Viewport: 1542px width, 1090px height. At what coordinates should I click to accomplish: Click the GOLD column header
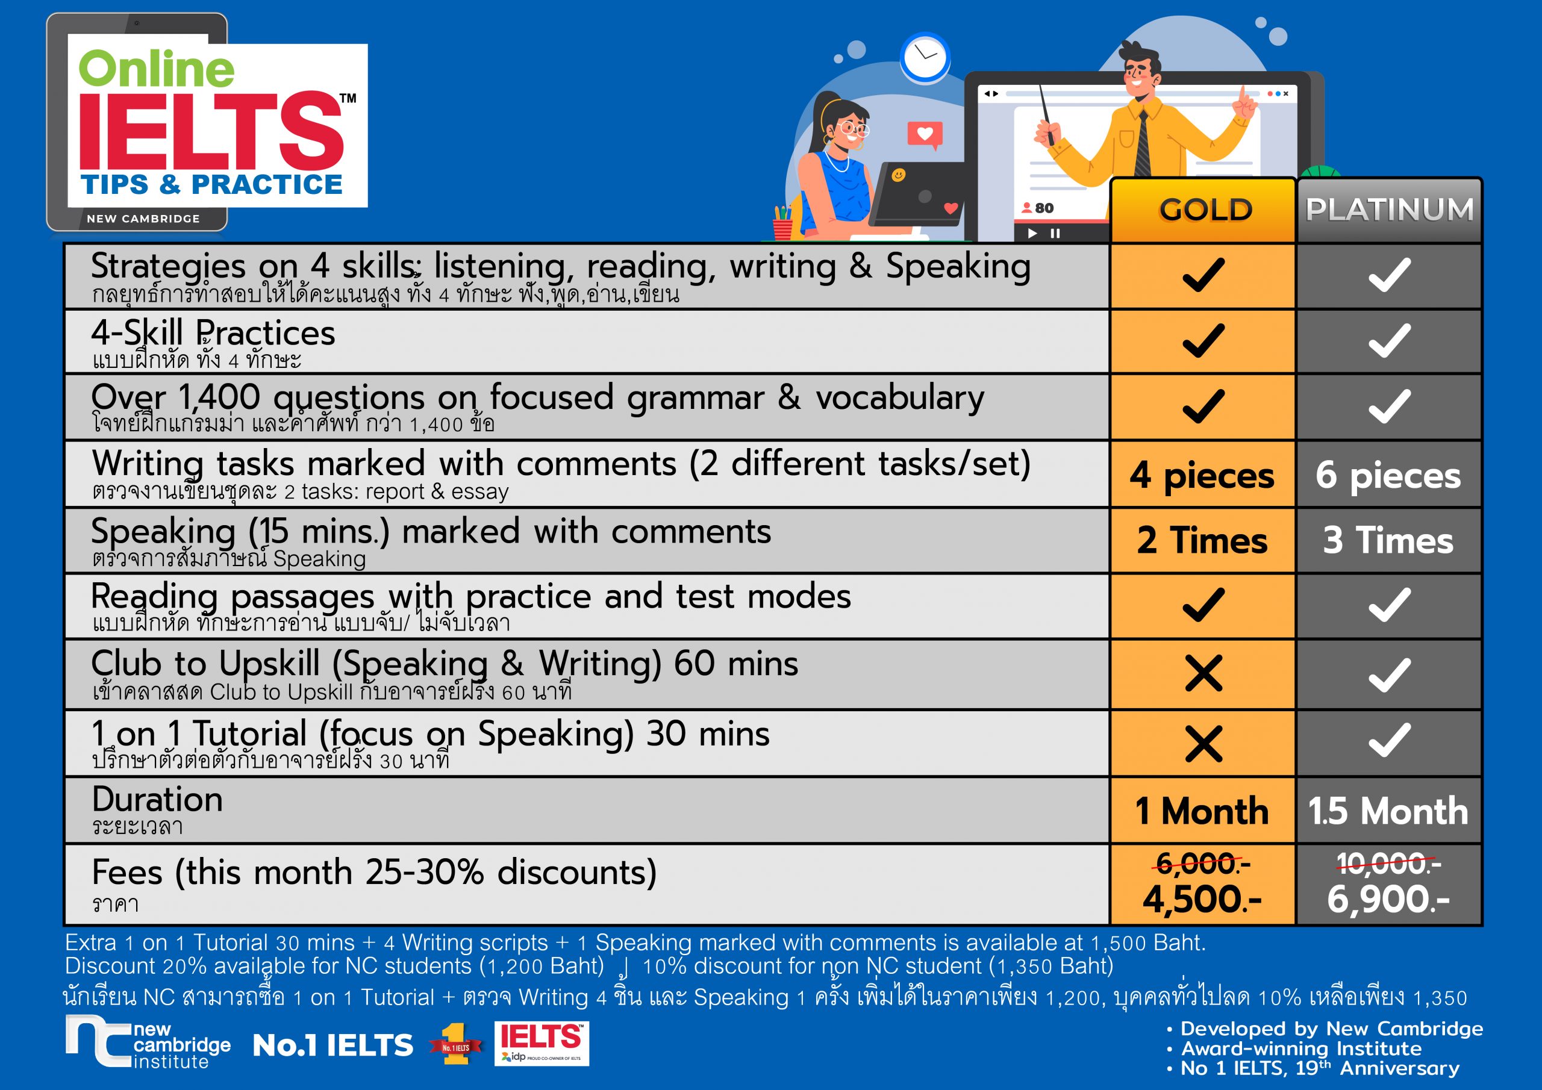[1205, 210]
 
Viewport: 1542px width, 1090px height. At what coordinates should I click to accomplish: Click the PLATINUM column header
[1389, 209]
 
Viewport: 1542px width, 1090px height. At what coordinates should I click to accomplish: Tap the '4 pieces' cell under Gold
[1202, 476]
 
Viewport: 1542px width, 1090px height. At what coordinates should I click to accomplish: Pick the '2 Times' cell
[1202, 540]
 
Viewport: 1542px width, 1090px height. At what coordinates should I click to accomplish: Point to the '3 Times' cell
[1388, 540]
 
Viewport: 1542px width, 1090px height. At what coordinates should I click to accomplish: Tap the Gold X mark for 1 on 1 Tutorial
[1203, 744]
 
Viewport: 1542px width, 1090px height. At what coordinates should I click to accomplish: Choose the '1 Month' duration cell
[1202, 811]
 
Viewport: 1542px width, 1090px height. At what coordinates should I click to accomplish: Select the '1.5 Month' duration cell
[1388, 811]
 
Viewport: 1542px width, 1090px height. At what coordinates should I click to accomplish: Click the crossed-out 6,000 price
[1202, 864]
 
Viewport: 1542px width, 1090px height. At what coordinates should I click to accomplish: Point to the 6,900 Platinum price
[1388, 898]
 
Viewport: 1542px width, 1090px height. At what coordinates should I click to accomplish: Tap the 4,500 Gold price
[1202, 898]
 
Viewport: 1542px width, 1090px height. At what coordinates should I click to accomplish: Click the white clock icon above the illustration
[925, 58]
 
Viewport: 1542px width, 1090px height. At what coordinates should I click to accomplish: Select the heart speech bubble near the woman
[925, 135]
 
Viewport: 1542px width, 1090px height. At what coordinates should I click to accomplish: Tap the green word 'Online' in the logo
[157, 69]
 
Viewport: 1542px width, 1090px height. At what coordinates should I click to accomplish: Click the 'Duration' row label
[157, 799]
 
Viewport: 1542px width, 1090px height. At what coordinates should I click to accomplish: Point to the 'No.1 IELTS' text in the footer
[332, 1045]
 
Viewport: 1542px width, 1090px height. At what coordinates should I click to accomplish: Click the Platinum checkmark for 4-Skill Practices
[1389, 340]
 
